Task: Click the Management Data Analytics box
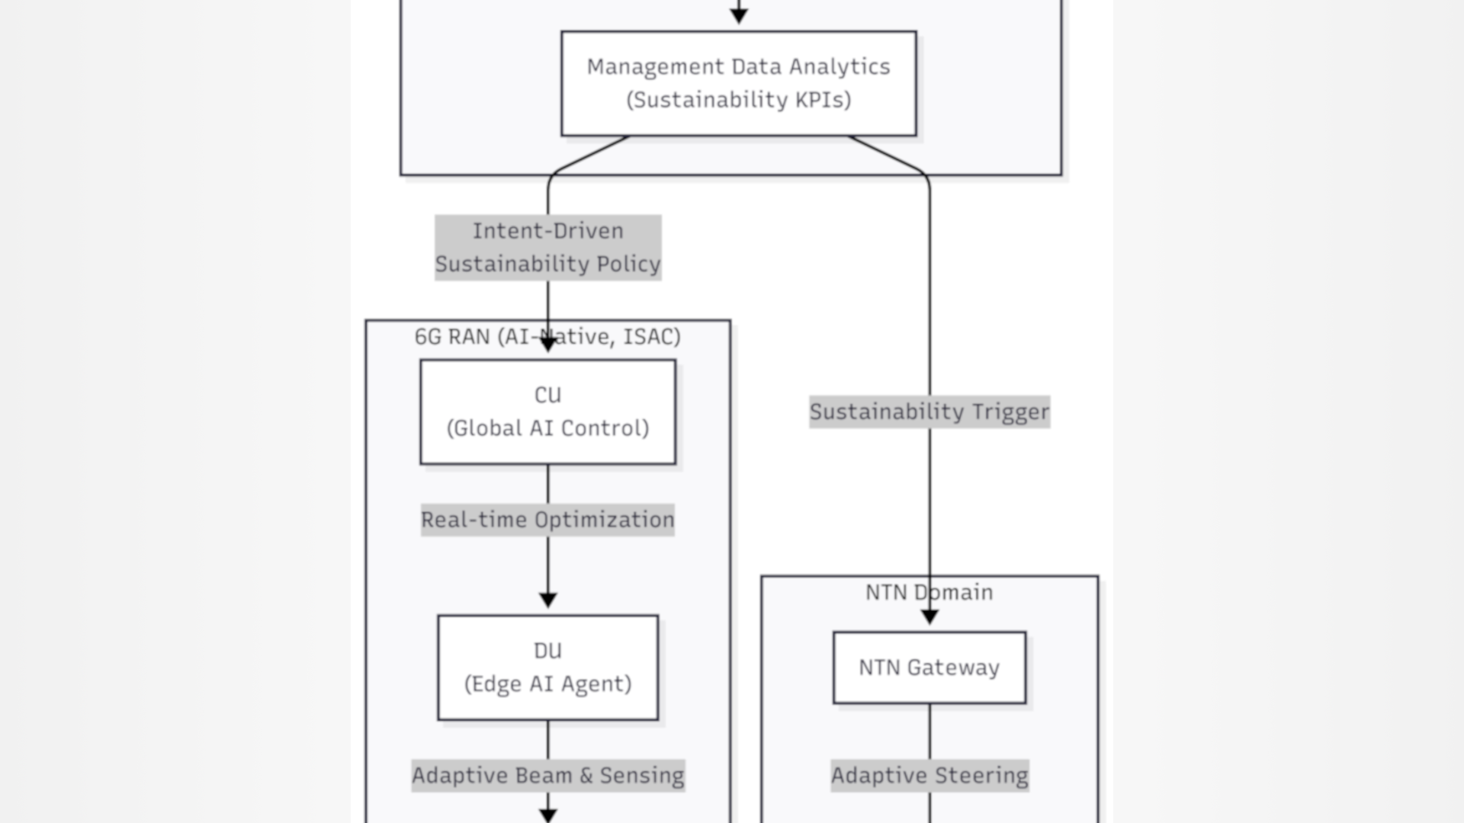[x=738, y=83]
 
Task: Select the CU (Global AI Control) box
[x=547, y=411]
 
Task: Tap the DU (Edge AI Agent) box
[x=547, y=668]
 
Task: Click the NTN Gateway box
[x=929, y=668]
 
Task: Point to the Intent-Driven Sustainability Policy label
[x=547, y=248]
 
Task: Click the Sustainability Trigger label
[x=929, y=412]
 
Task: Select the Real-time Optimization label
[x=547, y=520]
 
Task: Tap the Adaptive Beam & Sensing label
[x=547, y=776]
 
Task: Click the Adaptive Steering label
[x=929, y=776]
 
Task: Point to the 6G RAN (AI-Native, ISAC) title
[x=547, y=337]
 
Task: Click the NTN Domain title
[x=929, y=592]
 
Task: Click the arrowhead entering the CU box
[x=547, y=345]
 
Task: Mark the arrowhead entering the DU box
[x=547, y=600]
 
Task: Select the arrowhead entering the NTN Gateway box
[x=929, y=617]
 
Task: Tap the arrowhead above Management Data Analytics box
[x=738, y=15]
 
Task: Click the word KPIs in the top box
[x=822, y=100]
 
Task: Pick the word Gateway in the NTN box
[x=953, y=668]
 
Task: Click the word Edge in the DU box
[x=492, y=684]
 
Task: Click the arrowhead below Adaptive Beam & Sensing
[x=547, y=815]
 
